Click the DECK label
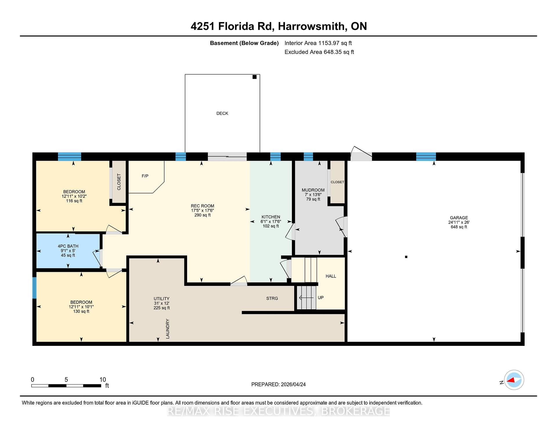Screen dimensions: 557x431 [222, 113]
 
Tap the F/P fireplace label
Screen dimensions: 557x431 [145, 176]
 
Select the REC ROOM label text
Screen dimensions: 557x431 [202, 206]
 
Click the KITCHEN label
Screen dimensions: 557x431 [271, 217]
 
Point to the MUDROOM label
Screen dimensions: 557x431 [313, 190]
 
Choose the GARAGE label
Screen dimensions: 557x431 [459, 218]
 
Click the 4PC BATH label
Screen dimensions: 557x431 [68, 246]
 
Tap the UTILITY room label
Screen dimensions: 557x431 [161, 299]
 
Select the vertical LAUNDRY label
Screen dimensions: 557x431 [167, 329]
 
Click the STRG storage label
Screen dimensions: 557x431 [272, 298]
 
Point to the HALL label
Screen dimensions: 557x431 [331, 276]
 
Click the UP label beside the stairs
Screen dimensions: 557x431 [321, 298]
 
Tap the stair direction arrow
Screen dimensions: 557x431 [306, 298]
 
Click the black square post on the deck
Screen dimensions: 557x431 [254, 77]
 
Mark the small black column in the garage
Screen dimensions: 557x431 [406, 257]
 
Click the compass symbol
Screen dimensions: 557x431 [514, 380]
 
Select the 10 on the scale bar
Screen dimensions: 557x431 [103, 380]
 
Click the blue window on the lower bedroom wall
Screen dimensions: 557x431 [34, 288]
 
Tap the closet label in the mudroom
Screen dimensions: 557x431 [337, 182]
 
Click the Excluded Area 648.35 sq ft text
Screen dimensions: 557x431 [319, 52]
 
